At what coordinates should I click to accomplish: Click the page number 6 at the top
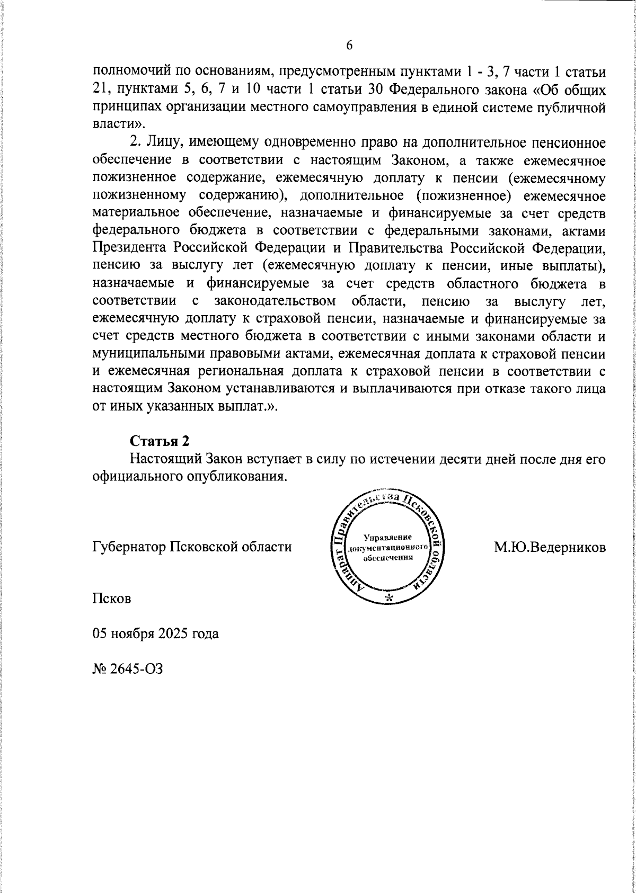(349, 46)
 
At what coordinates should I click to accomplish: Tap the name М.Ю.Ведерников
(550, 546)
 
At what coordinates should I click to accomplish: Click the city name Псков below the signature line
(111, 599)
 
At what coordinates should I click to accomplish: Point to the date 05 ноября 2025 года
(155, 633)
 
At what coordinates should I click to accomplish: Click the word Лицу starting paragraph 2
(161, 143)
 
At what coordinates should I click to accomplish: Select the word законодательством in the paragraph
(275, 301)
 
